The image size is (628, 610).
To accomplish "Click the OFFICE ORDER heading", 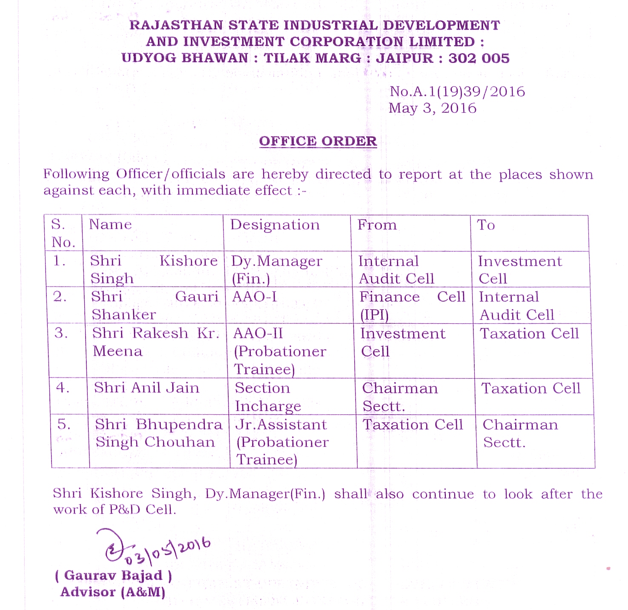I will (x=318, y=141).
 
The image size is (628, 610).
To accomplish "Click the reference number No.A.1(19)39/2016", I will (x=457, y=91).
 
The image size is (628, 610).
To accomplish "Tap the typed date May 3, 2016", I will (x=432, y=108).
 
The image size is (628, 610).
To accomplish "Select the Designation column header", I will (x=275, y=225).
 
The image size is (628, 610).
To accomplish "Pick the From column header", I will (x=377, y=225).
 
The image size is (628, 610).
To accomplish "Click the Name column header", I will (x=110, y=224).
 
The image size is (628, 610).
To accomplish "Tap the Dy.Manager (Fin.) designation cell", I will (x=276, y=269).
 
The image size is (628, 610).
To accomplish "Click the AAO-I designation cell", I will (x=254, y=296).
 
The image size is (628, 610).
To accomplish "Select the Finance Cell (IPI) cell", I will (x=412, y=305).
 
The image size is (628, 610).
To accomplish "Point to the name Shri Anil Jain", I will (x=146, y=388).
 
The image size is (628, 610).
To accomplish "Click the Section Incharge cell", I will (x=267, y=397).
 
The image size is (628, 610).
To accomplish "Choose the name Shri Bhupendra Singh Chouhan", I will (x=158, y=433).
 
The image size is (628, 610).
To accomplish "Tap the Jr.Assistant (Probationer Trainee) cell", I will (x=282, y=442).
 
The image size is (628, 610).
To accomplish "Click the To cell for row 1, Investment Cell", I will (x=519, y=269).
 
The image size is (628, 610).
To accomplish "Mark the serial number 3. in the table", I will (x=61, y=333).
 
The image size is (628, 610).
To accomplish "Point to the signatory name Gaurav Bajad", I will (x=113, y=576).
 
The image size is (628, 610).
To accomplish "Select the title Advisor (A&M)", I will (x=113, y=592).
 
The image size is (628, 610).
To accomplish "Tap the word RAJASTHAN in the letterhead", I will (x=176, y=25).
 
